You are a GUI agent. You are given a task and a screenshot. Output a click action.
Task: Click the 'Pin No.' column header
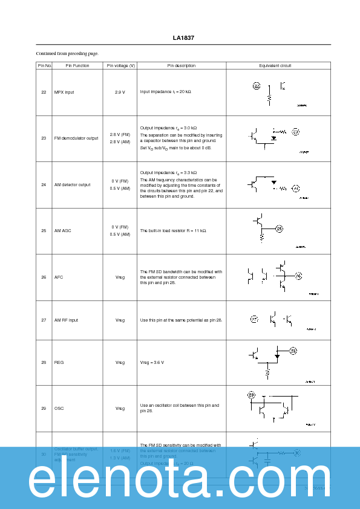pyautogui.click(x=44, y=65)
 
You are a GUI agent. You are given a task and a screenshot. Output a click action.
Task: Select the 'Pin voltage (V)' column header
pyautogui.click(x=120, y=65)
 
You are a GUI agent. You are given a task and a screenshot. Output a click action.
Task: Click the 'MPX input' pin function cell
pyautogui.click(x=65, y=92)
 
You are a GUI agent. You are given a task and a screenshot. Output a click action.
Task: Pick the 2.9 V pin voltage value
pyautogui.click(x=120, y=92)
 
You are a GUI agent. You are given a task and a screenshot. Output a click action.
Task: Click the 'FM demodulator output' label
pyautogui.click(x=76, y=138)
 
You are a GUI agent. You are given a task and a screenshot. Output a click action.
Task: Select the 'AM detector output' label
pyautogui.click(x=73, y=184)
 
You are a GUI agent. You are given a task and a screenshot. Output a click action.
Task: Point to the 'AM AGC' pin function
pyautogui.click(x=63, y=230)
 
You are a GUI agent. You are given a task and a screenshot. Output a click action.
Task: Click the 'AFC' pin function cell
pyautogui.click(x=59, y=277)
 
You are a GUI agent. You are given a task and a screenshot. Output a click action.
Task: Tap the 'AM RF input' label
pyautogui.click(x=67, y=320)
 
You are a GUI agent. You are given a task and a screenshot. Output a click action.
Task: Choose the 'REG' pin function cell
pyautogui.click(x=59, y=362)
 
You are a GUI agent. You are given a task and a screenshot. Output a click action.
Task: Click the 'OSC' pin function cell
pyautogui.click(x=59, y=408)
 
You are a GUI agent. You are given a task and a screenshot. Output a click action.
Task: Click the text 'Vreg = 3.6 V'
pyautogui.click(x=152, y=362)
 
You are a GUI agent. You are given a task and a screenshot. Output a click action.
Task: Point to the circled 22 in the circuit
pyautogui.click(x=257, y=86)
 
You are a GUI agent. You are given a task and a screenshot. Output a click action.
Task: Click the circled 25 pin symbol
pyautogui.click(x=279, y=228)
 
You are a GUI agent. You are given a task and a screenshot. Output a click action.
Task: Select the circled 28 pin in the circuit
pyautogui.click(x=293, y=351)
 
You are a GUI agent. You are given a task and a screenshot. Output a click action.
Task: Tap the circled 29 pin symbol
pyautogui.click(x=251, y=395)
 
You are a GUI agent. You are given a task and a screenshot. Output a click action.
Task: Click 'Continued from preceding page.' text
pyautogui.click(x=67, y=53)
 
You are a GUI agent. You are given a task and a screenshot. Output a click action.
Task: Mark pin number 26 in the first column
pyautogui.click(x=44, y=277)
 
